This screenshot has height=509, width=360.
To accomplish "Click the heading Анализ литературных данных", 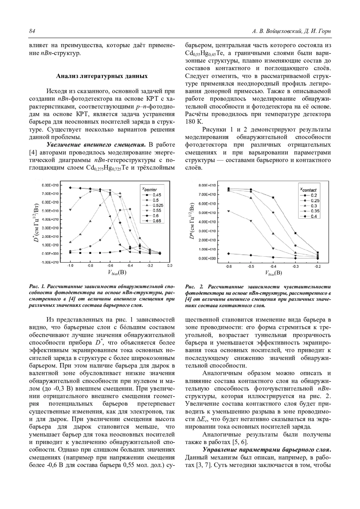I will [x=102, y=76].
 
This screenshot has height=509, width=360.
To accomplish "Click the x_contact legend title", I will [x=308, y=190].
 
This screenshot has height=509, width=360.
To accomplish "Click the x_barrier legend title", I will [x=149, y=189].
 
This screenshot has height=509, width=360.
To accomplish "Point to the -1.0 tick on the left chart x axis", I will [x=70, y=266].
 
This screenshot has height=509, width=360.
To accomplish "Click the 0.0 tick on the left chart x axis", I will [x=170, y=266].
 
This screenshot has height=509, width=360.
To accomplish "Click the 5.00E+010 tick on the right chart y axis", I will [x=207, y=213].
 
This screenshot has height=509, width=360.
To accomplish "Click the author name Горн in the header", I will [x=324, y=31].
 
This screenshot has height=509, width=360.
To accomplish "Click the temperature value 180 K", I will [x=194, y=122].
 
